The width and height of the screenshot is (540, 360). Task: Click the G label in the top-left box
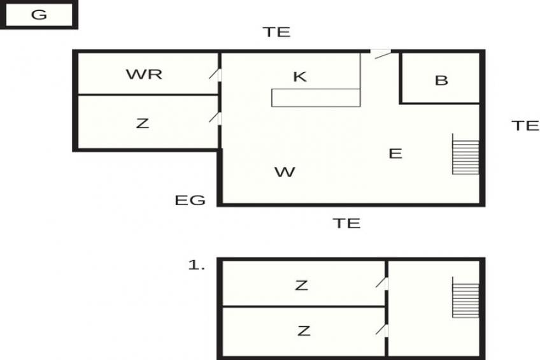pyautogui.click(x=39, y=15)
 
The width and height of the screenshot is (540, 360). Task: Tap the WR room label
pyautogui.click(x=144, y=75)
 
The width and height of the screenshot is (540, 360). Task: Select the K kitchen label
pyautogui.click(x=300, y=76)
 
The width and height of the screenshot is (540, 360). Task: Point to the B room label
pyautogui.click(x=441, y=80)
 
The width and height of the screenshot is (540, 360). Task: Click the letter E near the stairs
pyautogui.click(x=395, y=154)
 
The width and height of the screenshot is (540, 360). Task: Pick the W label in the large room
pyautogui.click(x=285, y=172)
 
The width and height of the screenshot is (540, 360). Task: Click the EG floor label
pyautogui.click(x=190, y=200)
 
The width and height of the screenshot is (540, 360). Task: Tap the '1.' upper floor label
pyautogui.click(x=197, y=265)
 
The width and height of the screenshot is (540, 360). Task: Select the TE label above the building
pyautogui.click(x=276, y=32)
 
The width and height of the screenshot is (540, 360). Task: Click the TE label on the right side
pyautogui.click(x=525, y=126)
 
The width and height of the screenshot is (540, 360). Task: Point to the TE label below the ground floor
pyautogui.click(x=347, y=224)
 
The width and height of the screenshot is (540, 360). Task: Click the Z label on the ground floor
pyautogui.click(x=143, y=124)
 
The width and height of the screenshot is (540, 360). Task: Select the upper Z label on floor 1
pyautogui.click(x=301, y=285)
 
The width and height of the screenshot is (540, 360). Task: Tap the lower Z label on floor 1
pyautogui.click(x=304, y=331)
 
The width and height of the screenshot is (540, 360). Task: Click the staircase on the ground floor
pyautogui.click(x=465, y=154)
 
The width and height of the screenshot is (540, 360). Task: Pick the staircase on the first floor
pyautogui.click(x=465, y=297)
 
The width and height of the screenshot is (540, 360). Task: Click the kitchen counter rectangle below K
pyautogui.click(x=316, y=98)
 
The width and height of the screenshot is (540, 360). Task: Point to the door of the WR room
pyautogui.click(x=215, y=75)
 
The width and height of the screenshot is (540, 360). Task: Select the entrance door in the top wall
pyautogui.click(x=381, y=54)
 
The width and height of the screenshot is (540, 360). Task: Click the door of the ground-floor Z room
pyautogui.click(x=215, y=118)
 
